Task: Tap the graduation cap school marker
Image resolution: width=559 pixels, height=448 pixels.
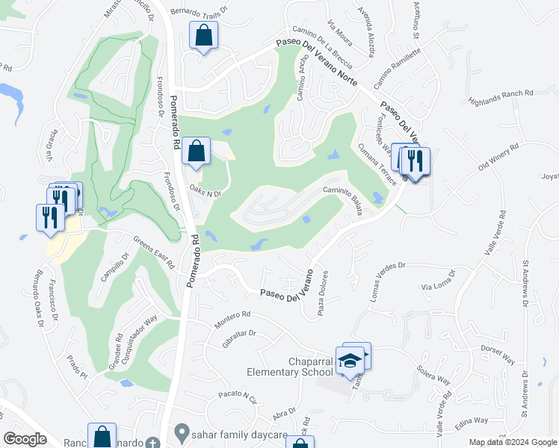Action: click(x=349, y=362)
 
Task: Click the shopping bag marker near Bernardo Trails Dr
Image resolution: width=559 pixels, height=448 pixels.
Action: click(x=204, y=35)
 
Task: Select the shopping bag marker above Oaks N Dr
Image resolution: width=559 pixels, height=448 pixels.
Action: click(x=195, y=152)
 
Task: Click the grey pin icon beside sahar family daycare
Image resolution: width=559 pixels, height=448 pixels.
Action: click(x=181, y=432)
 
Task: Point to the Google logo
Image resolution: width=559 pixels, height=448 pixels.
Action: click(x=25, y=438)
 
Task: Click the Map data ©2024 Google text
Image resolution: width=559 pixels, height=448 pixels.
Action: click(x=512, y=442)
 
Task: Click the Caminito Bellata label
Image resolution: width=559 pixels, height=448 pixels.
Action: click(x=343, y=200)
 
